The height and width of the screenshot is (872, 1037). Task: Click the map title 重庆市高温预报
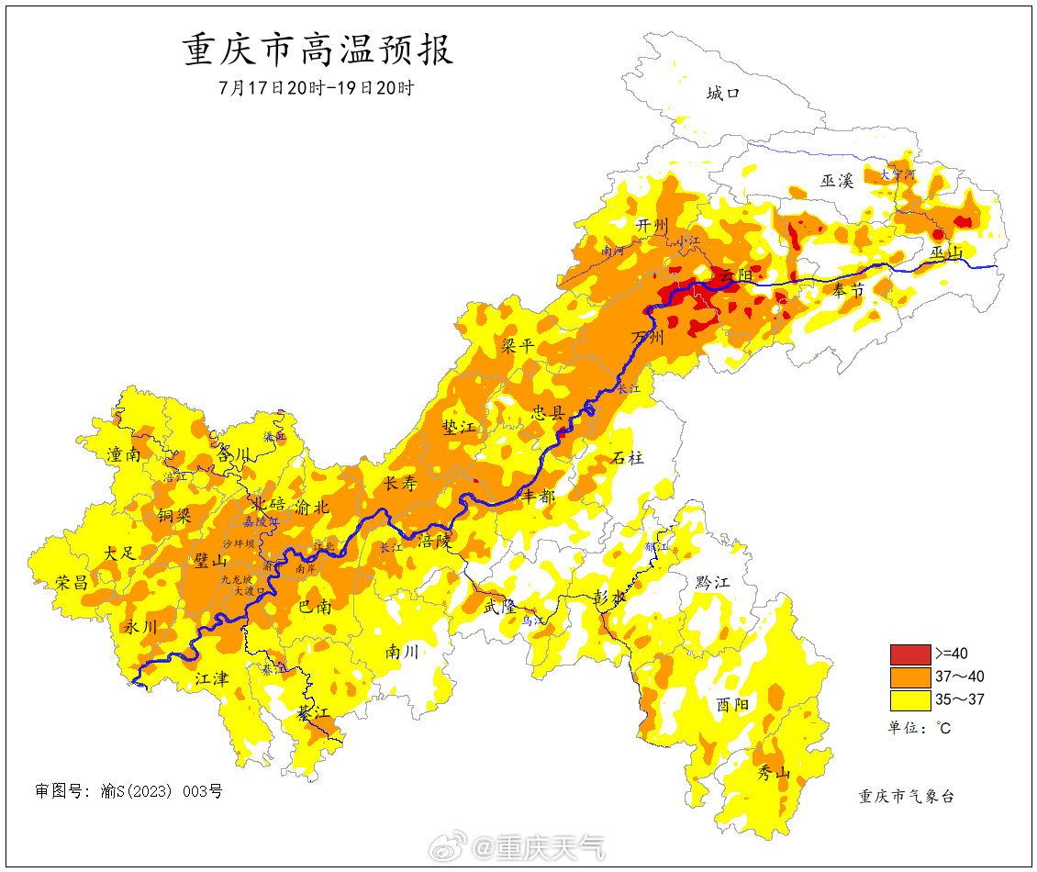[x=318, y=50]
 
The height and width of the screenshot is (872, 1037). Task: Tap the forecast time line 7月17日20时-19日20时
[x=317, y=89]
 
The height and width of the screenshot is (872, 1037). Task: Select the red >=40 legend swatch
[x=909, y=654]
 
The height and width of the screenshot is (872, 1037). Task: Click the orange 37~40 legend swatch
[x=909, y=677]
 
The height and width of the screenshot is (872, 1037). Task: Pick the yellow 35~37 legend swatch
[x=909, y=700]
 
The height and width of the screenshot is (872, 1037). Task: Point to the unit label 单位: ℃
[x=918, y=728]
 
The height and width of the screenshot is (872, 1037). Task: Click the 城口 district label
[x=722, y=93]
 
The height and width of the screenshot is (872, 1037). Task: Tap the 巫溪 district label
[x=837, y=181]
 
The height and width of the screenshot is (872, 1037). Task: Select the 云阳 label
[x=736, y=275]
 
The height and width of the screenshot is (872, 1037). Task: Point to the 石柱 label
[x=628, y=457]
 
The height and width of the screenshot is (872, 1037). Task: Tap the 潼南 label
[x=125, y=453]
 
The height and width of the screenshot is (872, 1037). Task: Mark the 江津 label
[x=211, y=678]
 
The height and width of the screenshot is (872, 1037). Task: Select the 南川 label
[x=402, y=652]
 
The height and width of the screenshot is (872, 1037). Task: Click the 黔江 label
[x=711, y=582]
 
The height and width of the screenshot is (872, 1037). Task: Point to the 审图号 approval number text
[x=128, y=791]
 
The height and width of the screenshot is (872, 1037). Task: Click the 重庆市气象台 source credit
[x=906, y=796]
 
